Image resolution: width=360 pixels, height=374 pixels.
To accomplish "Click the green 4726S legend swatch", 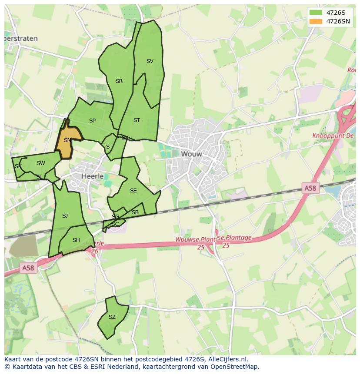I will coord(316,13).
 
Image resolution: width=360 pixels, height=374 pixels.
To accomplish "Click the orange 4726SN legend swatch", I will coord(316,21).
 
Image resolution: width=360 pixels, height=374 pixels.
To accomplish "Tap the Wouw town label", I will coord(192,154).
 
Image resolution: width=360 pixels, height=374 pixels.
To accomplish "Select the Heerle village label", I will coord(93,176).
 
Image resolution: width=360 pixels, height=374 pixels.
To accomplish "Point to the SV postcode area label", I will coord(150,61).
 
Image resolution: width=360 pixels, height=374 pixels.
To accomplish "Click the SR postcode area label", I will coord(119,81).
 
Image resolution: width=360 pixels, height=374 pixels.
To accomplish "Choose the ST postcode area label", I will coord(137,120).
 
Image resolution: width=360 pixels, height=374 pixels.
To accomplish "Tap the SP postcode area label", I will coord(92,121).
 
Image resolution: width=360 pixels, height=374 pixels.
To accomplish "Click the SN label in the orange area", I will coord(67,140).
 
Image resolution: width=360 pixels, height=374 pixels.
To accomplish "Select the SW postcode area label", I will coord(40,163).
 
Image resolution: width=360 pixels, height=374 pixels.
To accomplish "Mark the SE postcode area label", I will coord(133,191).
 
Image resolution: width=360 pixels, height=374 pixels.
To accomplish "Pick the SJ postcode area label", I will coord(65,216).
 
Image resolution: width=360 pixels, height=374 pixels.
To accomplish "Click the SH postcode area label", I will coord(76,240).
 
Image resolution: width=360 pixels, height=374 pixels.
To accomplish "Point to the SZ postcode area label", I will coord(112,317).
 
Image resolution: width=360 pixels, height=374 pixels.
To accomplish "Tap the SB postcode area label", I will coord(135,212).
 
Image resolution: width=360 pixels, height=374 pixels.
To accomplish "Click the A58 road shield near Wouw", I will coord(310,188).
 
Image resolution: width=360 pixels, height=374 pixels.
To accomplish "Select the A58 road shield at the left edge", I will coord(27,268).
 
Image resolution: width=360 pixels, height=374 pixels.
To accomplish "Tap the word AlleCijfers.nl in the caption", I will coord(228,359).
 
